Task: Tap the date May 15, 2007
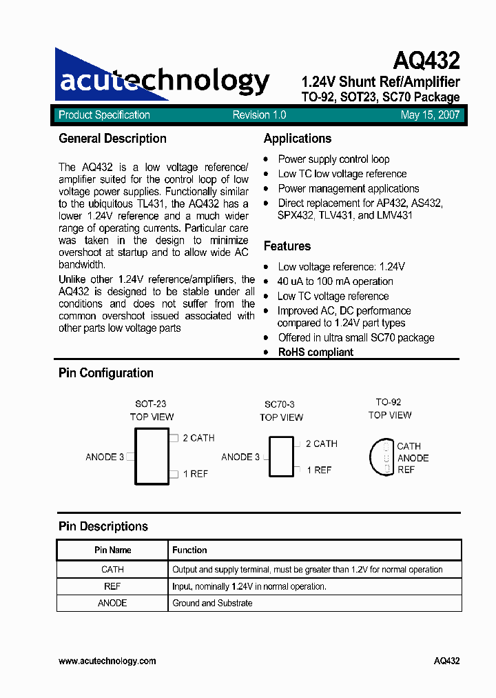tap(430, 115)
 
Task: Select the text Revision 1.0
tap(259, 115)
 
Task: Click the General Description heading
tap(112, 139)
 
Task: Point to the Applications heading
tap(297, 139)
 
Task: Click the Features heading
tap(287, 246)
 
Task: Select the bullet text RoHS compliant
tap(316, 352)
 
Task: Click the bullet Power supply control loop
tap(333, 159)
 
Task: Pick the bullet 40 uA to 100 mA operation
tap(335, 281)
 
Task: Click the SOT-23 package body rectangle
tap(151, 456)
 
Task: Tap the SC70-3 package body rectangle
tap(280, 457)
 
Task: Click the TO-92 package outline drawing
tap(383, 457)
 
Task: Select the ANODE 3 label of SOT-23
tap(105, 457)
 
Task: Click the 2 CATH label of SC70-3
tap(321, 443)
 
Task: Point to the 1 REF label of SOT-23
tap(195, 474)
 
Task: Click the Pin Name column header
tap(112, 550)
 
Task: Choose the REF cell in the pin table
tap(112, 586)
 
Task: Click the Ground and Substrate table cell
tap(212, 603)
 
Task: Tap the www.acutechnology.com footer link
tap(107, 661)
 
